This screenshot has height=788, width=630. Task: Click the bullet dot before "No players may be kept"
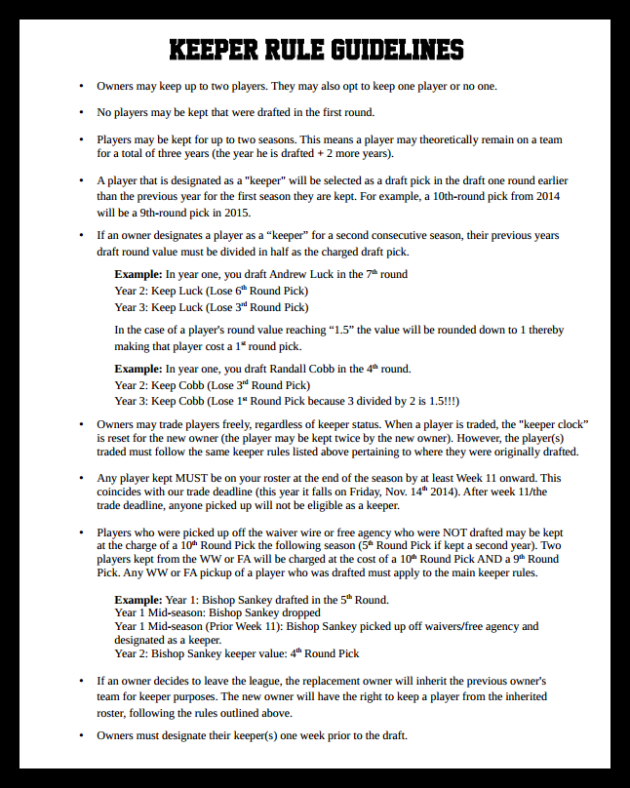pyautogui.click(x=81, y=113)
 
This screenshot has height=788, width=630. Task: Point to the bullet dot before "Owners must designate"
pyautogui.click(x=81, y=735)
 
